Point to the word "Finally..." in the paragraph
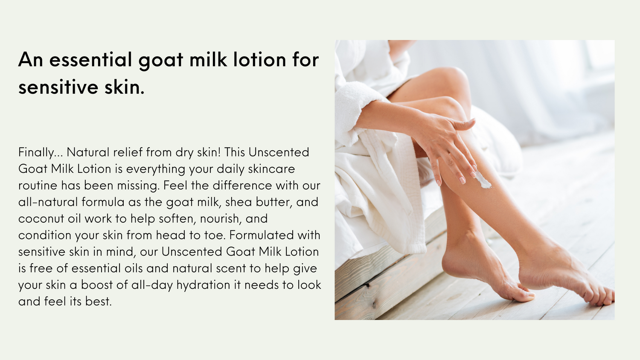pos(40,152)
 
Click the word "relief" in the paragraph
pos(128,152)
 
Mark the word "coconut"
pos(41,218)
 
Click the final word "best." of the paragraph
pos(98,301)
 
